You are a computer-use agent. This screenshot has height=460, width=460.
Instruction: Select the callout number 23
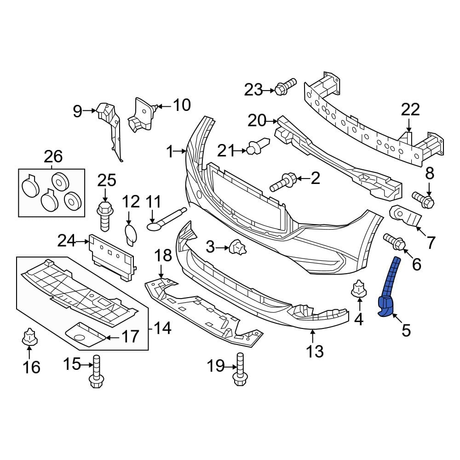pyautogui.click(x=253, y=90)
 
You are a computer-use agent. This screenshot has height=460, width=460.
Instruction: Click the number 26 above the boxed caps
pyautogui.click(x=53, y=156)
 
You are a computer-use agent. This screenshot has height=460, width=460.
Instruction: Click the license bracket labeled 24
pyautogui.click(x=112, y=256)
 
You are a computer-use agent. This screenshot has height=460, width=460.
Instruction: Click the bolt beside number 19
pyautogui.click(x=239, y=373)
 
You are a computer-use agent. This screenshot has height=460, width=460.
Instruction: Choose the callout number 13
pyautogui.click(x=315, y=351)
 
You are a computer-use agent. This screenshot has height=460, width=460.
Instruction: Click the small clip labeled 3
pyautogui.click(x=239, y=248)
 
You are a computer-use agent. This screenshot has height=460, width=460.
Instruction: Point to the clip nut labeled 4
pyautogui.click(x=358, y=290)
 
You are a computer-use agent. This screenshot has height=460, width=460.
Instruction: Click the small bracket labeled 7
pyautogui.click(x=405, y=217)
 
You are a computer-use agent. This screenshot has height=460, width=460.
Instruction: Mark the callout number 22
pyautogui.click(x=410, y=109)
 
